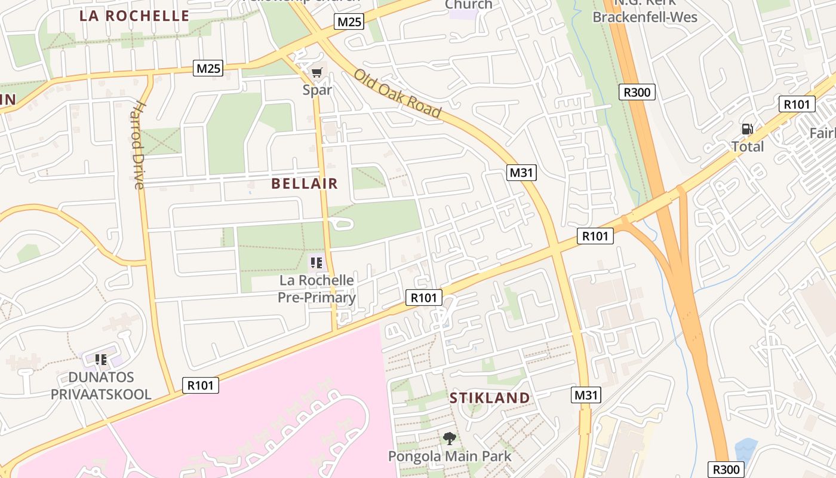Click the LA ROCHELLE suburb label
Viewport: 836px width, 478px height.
click(x=134, y=16)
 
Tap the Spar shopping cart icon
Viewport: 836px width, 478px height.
click(x=316, y=73)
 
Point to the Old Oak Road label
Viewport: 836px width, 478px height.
click(x=397, y=94)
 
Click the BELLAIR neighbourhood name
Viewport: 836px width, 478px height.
click(x=305, y=183)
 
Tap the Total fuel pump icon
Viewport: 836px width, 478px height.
click(x=747, y=128)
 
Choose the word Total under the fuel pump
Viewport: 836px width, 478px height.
click(x=748, y=146)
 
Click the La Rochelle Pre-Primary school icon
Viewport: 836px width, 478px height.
click(x=316, y=262)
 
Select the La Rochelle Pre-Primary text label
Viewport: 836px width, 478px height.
click(x=317, y=289)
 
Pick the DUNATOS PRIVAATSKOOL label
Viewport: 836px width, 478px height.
click(x=101, y=386)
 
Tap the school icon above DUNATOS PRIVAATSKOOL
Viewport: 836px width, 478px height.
click(x=101, y=360)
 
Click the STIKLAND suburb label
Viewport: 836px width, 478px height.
click(x=490, y=398)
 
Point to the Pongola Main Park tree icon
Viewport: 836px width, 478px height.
click(x=450, y=439)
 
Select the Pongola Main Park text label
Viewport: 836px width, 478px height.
click(x=450, y=456)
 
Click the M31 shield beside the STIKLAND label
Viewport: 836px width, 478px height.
click(x=586, y=395)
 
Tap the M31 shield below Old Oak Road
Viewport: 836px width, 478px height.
click(x=522, y=173)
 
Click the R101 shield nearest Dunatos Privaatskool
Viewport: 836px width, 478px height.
click(x=200, y=385)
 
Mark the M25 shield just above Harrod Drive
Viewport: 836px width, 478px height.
click(x=208, y=69)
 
